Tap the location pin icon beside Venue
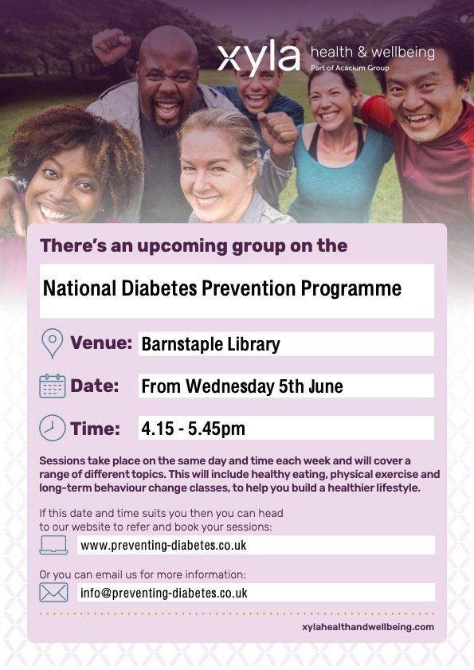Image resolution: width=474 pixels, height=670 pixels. pyautogui.click(x=52, y=343)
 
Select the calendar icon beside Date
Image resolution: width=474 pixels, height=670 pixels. pyautogui.click(x=52, y=386)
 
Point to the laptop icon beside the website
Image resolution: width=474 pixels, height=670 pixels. pyautogui.click(x=53, y=545)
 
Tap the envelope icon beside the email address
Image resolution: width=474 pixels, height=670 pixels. pyautogui.click(x=53, y=593)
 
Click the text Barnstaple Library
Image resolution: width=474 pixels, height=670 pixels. pyautogui.click(x=210, y=344)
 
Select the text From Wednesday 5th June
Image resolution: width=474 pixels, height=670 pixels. pyautogui.click(x=242, y=386)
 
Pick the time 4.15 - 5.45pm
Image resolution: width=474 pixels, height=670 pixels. pyautogui.click(x=193, y=429)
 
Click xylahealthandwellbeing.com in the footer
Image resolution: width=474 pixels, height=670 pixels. pyautogui.click(x=363, y=627)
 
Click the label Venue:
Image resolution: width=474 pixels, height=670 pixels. pyautogui.click(x=100, y=343)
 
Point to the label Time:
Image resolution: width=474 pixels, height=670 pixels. pyautogui.click(x=95, y=429)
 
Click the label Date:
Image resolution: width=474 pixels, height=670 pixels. pyautogui.click(x=94, y=386)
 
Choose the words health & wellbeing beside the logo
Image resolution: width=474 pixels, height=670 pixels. pyautogui.click(x=372, y=53)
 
